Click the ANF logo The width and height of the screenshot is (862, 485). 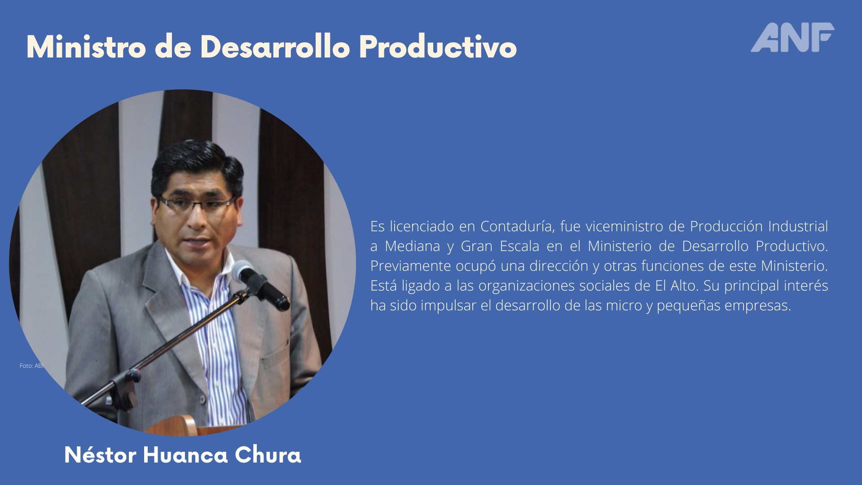[x=792, y=37]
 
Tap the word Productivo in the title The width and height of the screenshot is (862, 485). [x=438, y=47]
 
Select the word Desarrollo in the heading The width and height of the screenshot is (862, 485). [x=275, y=47]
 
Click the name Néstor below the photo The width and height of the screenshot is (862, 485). [x=100, y=454]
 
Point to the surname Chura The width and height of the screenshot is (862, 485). [x=268, y=454]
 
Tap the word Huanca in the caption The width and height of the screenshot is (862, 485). [x=185, y=454]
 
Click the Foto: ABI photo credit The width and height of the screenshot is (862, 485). [x=32, y=366]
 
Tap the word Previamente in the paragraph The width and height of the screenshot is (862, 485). [x=410, y=266]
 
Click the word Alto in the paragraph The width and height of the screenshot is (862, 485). [x=683, y=286]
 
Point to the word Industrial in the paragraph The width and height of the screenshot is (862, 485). [x=798, y=226]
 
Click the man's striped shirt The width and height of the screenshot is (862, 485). [x=213, y=341]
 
